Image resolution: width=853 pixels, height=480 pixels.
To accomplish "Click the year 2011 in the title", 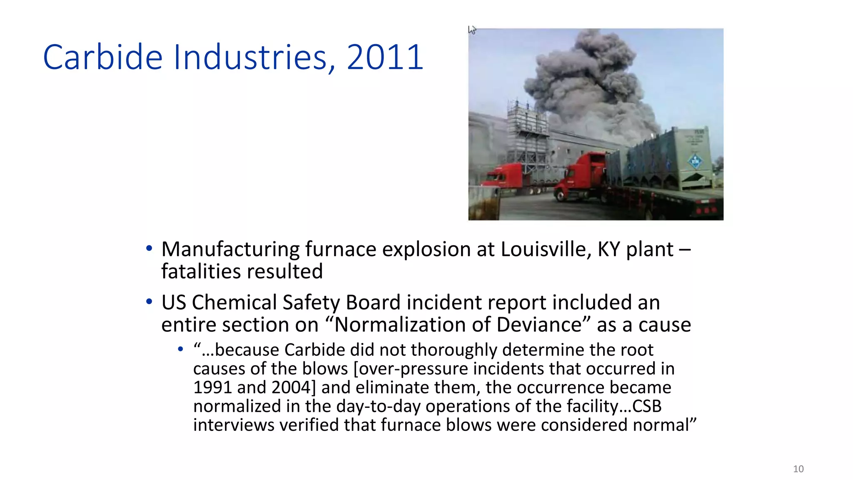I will pos(385,57).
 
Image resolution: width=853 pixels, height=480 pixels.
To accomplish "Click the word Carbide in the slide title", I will pos(102,57).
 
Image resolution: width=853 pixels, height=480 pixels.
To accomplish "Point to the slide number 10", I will pos(798,469).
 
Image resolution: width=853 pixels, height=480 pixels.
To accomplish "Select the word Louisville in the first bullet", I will pos(546,249).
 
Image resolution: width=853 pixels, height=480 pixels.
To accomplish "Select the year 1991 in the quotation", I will pos(212,387).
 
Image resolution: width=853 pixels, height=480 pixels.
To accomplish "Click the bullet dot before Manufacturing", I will pos(149,249).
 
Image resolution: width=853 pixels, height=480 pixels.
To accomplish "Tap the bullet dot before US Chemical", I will pos(149,302).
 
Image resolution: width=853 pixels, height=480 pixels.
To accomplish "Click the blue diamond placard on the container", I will pos(695,161).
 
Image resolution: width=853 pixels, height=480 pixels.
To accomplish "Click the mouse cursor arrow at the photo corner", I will pos(471,30).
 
